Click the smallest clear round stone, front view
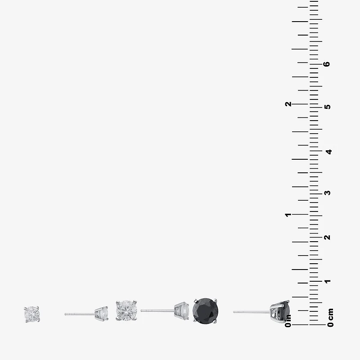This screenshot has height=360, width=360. (x=32, y=314)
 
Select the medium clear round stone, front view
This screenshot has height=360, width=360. (x=126, y=310)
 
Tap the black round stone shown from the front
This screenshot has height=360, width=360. (x=205, y=311)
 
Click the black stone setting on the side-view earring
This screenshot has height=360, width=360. (x=280, y=312)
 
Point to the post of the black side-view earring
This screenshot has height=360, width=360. (x=252, y=312)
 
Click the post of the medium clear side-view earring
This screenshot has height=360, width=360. (x=157, y=310)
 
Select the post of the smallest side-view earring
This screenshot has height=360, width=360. (x=80, y=314)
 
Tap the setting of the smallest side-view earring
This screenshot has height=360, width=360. (x=101, y=314)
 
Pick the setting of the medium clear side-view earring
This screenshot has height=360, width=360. (x=182, y=311)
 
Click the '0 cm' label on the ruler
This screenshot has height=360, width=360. (x=330, y=318)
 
